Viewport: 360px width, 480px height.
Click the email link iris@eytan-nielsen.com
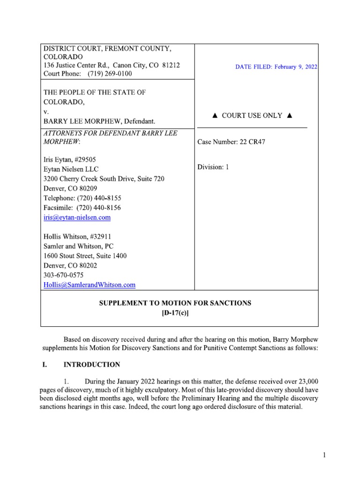[x=77, y=217]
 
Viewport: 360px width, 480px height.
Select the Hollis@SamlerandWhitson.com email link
[x=90, y=285]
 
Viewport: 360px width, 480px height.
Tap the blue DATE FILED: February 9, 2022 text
[x=277, y=67]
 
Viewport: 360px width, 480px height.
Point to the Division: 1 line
[x=213, y=167]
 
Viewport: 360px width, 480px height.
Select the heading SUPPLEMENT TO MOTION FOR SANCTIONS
[x=175, y=303]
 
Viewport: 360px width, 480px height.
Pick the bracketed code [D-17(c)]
[x=175, y=313]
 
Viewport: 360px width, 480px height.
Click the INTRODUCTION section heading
[x=91, y=364]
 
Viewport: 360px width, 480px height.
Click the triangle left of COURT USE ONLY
[x=215, y=116]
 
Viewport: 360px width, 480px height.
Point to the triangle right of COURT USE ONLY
[x=289, y=116]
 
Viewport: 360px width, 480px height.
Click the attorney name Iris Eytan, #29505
[x=70, y=160]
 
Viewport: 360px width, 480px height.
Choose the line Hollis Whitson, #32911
[x=77, y=237]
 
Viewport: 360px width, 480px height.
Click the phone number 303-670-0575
[x=64, y=275]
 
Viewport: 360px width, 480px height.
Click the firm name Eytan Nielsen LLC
[x=71, y=169]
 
